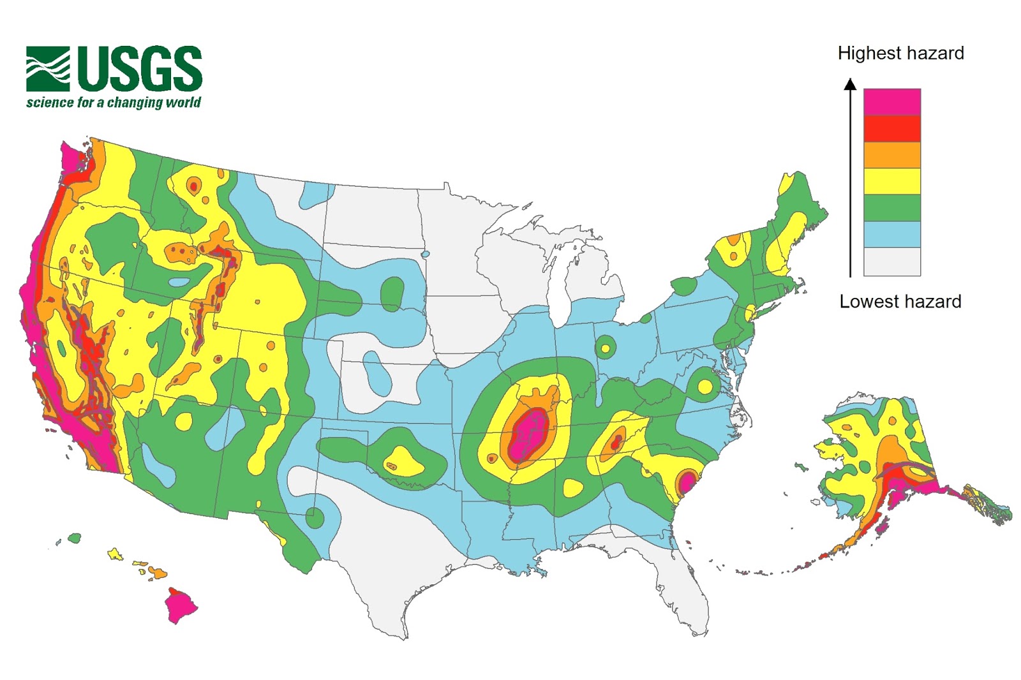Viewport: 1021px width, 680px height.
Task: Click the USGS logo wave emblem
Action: point(48,69)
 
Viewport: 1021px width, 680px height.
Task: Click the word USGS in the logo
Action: point(140,68)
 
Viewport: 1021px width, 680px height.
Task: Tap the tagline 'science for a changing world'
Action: point(114,103)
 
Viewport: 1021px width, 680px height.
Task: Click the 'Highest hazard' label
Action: point(900,54)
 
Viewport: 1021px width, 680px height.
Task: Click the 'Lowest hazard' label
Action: point(900,302)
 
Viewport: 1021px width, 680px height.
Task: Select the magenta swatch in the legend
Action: point(891,102)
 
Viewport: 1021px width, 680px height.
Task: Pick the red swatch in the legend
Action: point(891,128)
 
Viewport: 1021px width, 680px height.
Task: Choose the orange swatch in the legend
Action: point(891,155)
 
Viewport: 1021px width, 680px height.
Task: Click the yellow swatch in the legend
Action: point(891,181)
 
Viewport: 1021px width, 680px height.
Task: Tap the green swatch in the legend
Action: point(891,208)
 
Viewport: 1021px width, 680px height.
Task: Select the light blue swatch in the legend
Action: point(891,234)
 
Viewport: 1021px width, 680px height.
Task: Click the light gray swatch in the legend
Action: point(891,262)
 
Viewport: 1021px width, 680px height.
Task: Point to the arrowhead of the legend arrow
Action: point(850,84)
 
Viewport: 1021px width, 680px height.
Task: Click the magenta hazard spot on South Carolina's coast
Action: point(686,482)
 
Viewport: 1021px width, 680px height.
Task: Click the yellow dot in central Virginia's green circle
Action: point(705,387)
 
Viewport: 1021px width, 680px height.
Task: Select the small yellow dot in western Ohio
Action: point(605,349)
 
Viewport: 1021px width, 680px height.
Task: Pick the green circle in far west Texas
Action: point(315,517)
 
